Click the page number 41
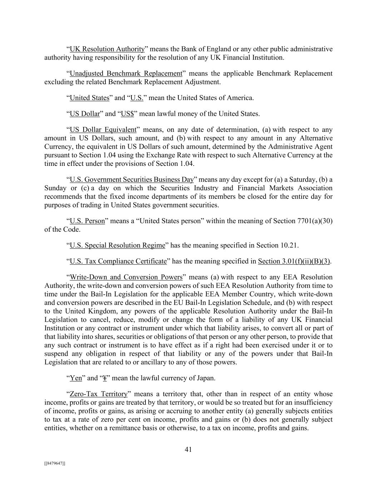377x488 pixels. [188, 450]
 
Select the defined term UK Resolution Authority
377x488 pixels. [107, 49]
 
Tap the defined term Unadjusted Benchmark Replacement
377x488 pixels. [126, 74]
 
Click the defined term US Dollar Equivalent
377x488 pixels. [103, 130]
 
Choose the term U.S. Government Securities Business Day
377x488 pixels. [132, 179]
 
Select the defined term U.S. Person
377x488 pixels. [87, 221]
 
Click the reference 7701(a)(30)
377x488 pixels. [314, 221]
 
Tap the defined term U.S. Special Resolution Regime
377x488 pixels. [117, 246]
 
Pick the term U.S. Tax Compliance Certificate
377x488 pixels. [118, 261]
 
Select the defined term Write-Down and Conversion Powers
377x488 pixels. [126, 277]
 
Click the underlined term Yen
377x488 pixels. [76, 378]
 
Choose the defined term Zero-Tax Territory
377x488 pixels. [98, 394]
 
